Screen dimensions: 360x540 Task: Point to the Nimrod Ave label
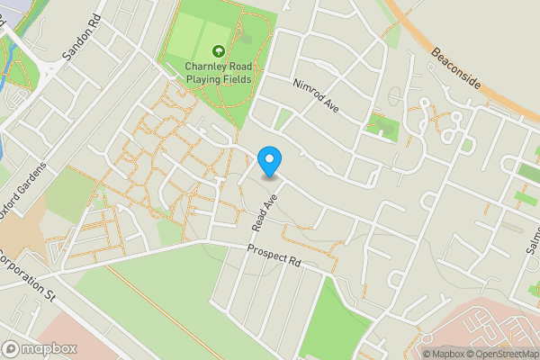(x=314, y=93)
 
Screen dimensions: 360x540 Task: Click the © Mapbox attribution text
(x=447, y=354)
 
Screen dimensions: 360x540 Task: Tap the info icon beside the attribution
(x=413, y=353)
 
